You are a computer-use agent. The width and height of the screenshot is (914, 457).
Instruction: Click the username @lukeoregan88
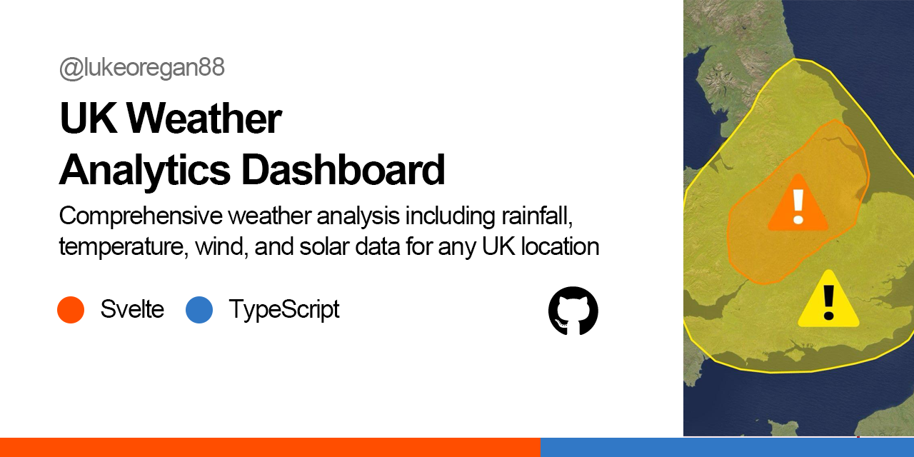click(x=142, y=68)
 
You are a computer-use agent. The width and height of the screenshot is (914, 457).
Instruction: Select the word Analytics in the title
click(x=144, y=170)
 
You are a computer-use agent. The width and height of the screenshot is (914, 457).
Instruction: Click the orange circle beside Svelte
click(x=71, y=310)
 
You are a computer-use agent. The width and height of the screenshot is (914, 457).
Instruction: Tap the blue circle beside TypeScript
click(x=199, y=310)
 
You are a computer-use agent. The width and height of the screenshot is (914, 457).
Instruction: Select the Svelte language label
click(x=132, y=310)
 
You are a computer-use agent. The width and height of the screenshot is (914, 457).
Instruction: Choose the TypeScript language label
click(x=283, y=310)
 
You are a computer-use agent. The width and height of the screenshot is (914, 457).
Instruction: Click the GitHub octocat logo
click(x=573, y=311)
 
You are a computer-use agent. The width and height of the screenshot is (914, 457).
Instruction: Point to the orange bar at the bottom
click(x=270, y=447)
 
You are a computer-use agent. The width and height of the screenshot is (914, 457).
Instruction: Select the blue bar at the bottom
click(x=727, y=447)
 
